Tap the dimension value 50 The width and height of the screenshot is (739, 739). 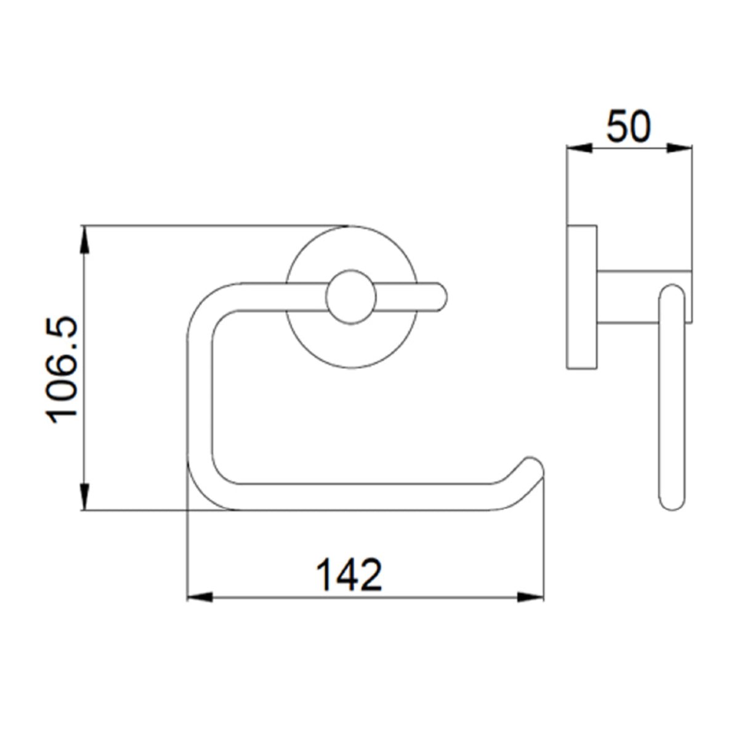pos(628,127)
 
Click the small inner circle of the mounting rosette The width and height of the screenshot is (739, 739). pos(350,297)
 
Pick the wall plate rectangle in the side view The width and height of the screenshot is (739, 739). pos(581,297)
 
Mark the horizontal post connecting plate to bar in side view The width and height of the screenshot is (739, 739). pos(628,297)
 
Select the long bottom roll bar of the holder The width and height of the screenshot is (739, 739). pos(369,498)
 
